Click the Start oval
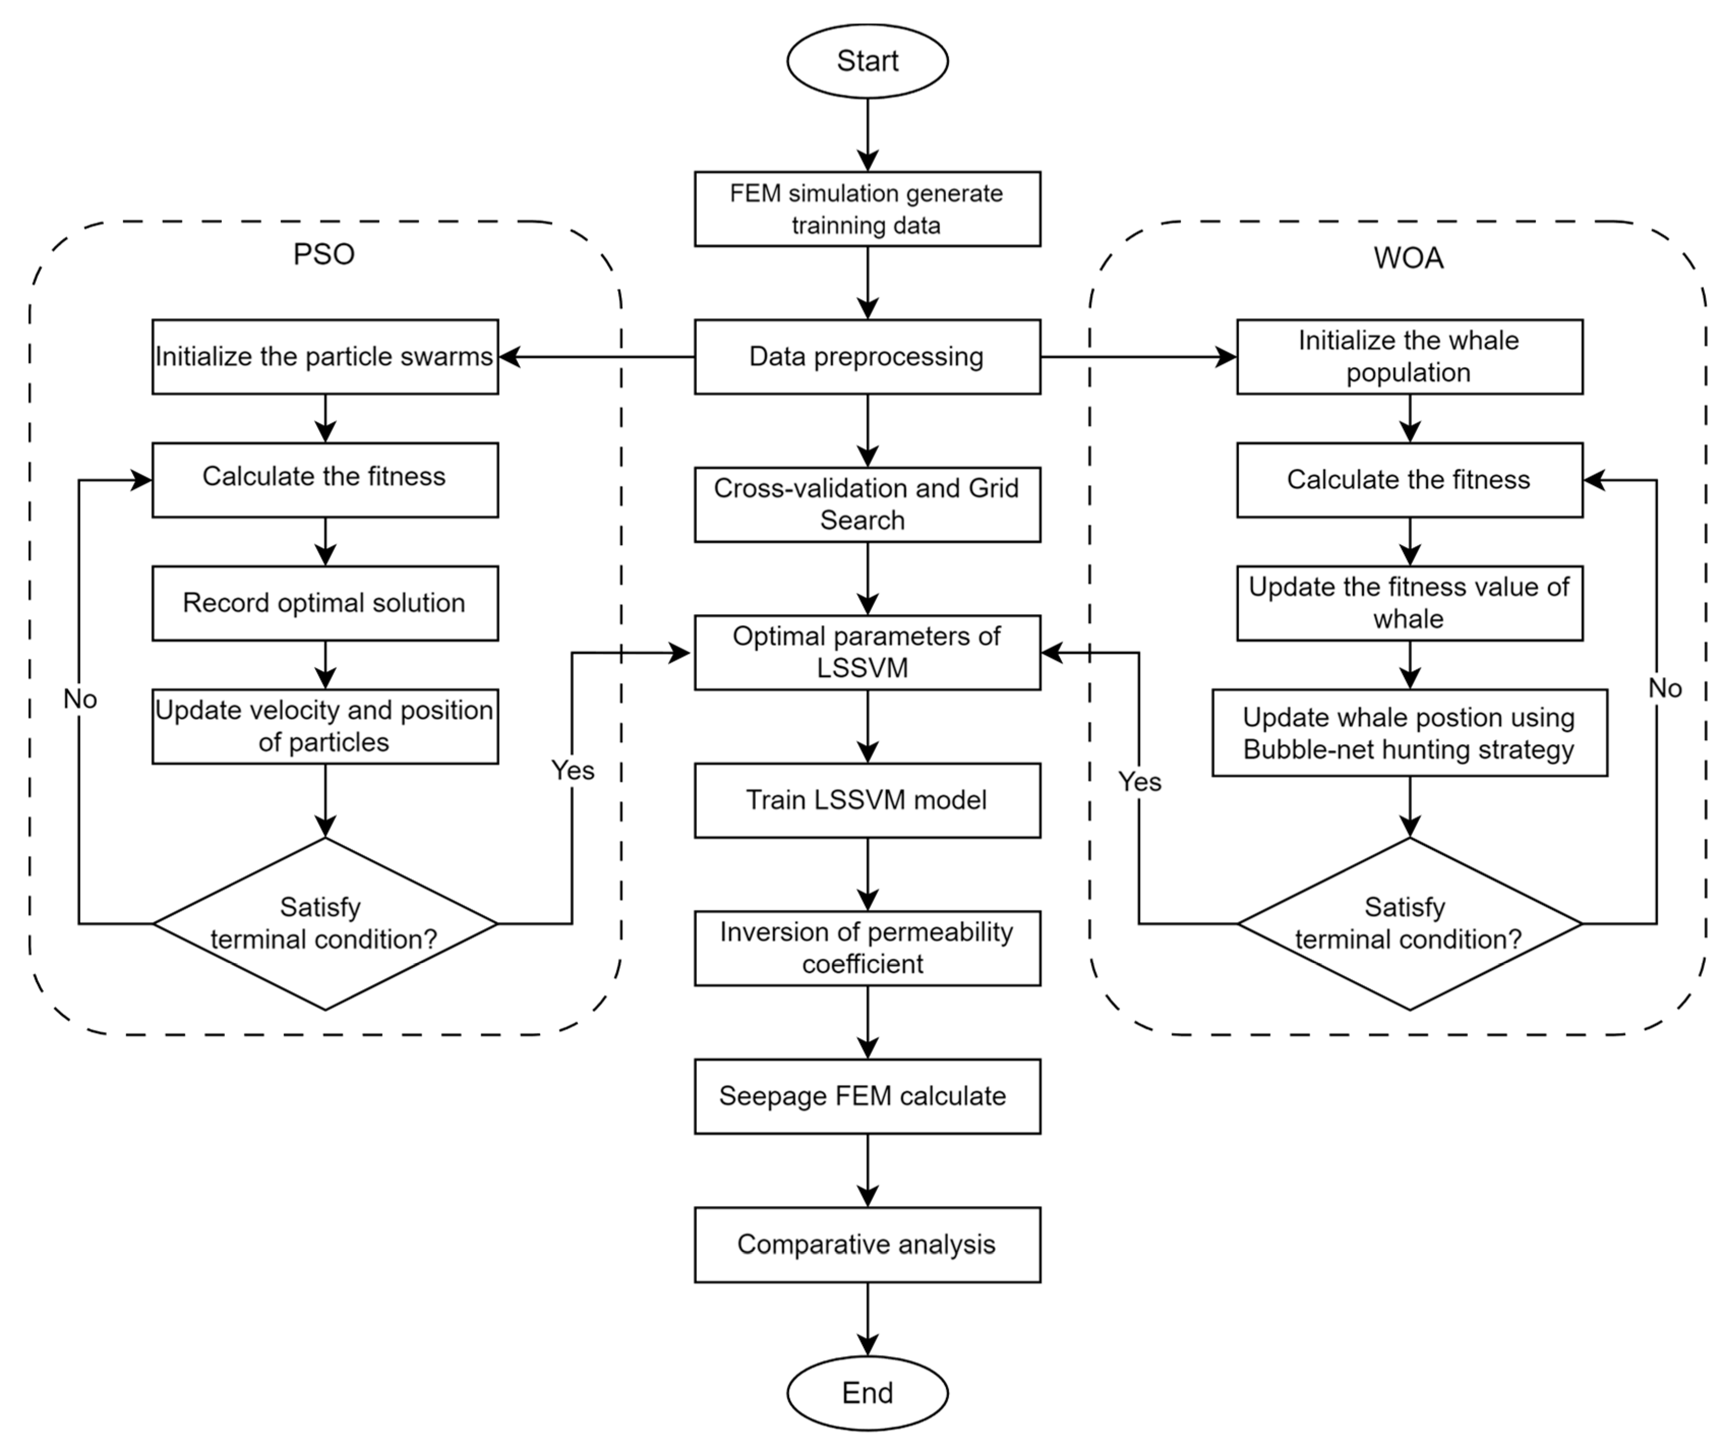click(x=867, y=61)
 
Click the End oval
click(x=867, y=1393)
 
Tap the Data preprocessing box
click(x=867, y=357)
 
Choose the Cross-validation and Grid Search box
click(x=867, y=504)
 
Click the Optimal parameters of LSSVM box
click(x=867, y=652)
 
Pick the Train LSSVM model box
click(x=867, y=800)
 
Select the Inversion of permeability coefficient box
click(x=867, y=948)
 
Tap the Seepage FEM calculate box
click(x=867, y=1096)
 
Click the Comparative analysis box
click(x=867, y=1245)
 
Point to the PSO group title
click(x=324, y=254)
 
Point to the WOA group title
click(x=1409, y=258)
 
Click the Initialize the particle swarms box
click(x=325, y=357)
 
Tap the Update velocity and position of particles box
click(x=325, y=726)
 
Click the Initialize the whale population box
click(x=1410, y=357)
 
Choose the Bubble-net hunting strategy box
click(x=1410, y=733)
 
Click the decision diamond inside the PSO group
click(x=325, y=923)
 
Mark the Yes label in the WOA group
click(x=1139, y=781)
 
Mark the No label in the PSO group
click(x=80, y=699)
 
